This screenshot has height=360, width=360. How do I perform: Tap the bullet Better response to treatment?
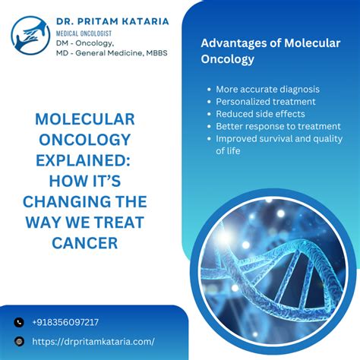pyautogui.click(x=270, y=126)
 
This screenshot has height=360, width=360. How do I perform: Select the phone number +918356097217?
pyautogui.click(x=65, y=321)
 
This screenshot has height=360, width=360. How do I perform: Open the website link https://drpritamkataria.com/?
pyautogui.click(x=93, y=342)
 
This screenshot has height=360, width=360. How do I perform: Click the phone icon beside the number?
pyautogui.click(x=19, y=322)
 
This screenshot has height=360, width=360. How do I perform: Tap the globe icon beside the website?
pyautogui.click(x=19, y=342)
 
